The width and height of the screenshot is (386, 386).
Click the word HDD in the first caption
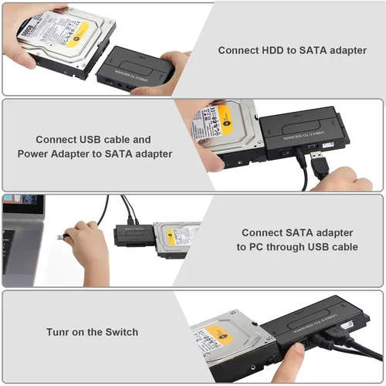coord(273,49)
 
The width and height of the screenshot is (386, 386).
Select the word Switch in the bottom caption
coord(121,332)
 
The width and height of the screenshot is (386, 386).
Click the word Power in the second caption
coord(35,154)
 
